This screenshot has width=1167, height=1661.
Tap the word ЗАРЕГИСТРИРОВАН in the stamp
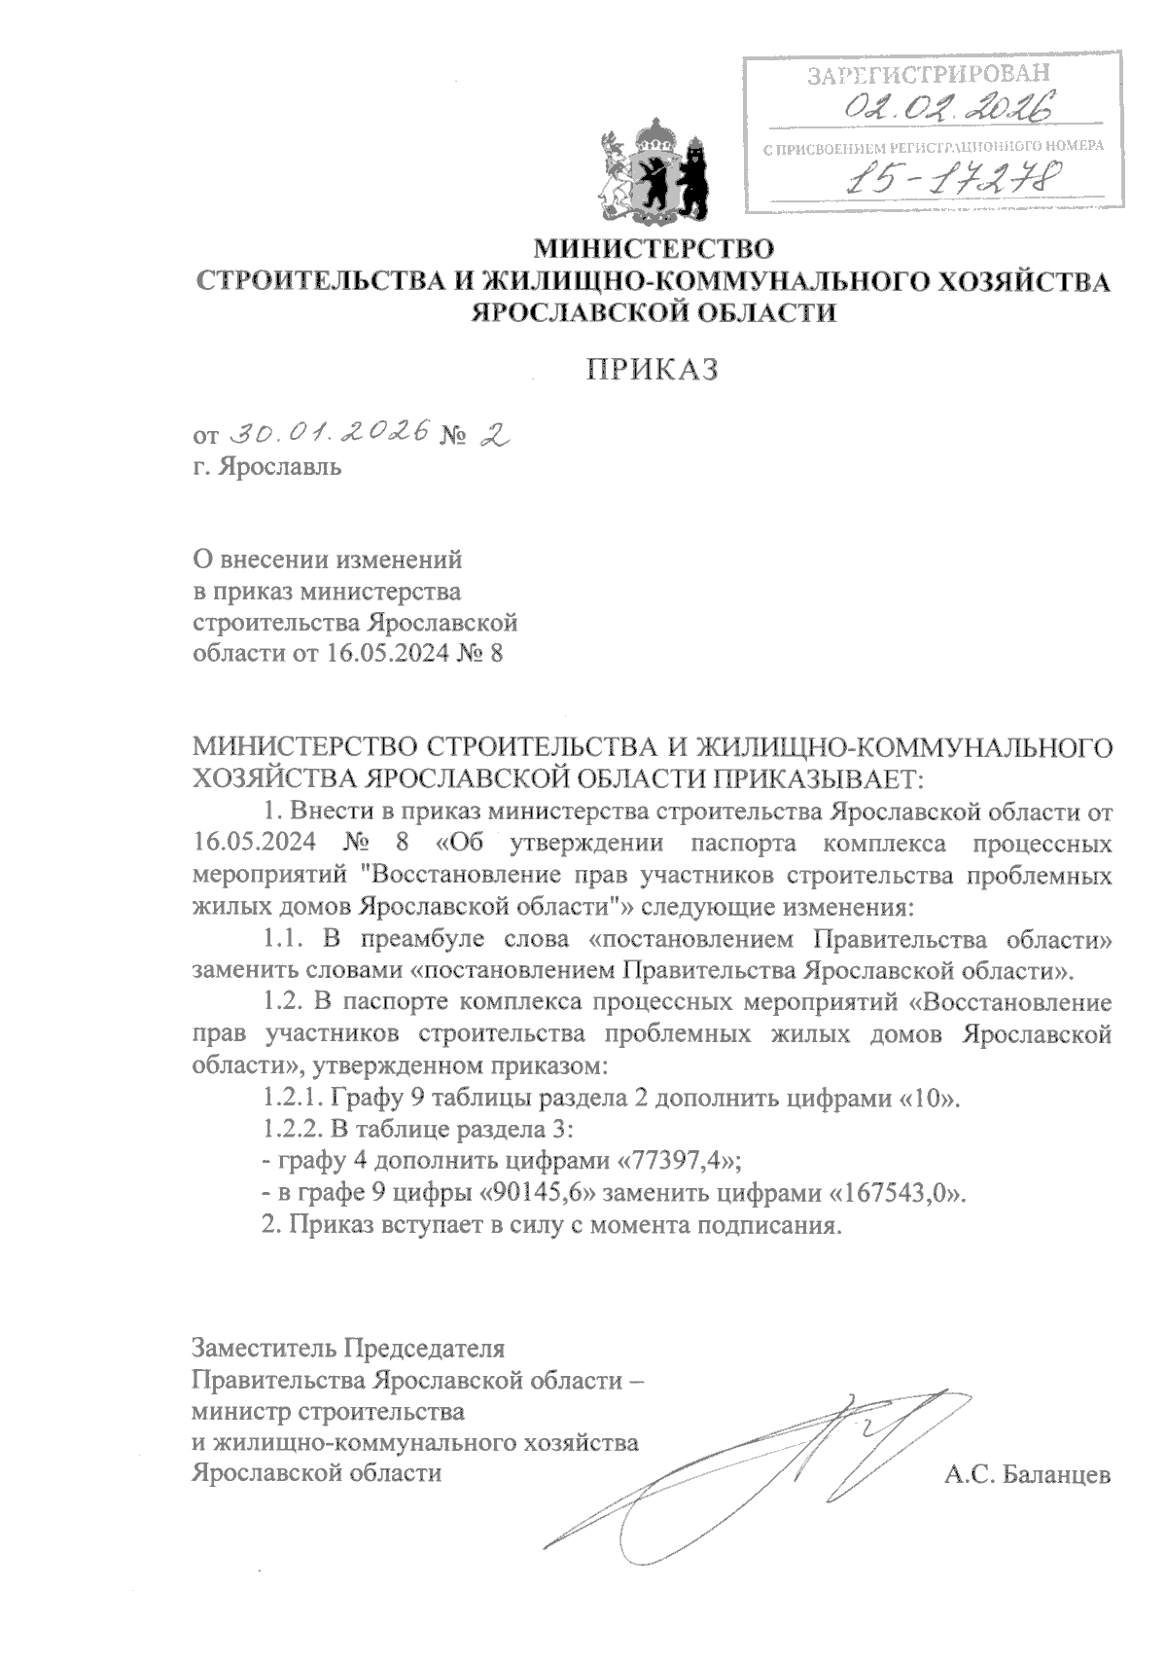(930, 75)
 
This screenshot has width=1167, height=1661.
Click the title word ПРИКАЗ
(653, 370)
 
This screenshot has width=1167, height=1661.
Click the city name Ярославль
(280, 466)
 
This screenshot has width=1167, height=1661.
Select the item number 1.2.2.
(293, 1130)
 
